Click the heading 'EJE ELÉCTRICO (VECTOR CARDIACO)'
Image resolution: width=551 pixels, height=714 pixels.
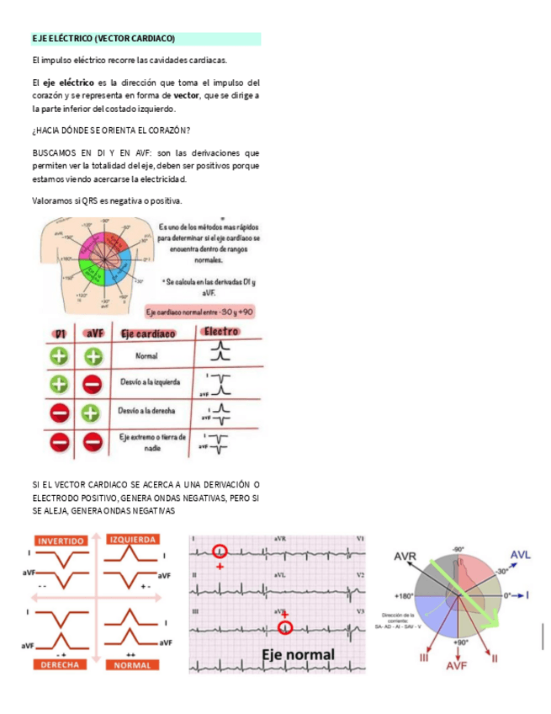(x=103, y=39)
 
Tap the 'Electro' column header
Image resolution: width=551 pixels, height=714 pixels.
(x=222, y=333)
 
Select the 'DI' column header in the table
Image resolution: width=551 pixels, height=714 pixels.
(x=59, y=334)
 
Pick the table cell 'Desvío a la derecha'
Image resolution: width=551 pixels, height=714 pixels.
(x=152, y=412)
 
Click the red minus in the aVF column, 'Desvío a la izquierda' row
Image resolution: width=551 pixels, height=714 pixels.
(x=93, y=384)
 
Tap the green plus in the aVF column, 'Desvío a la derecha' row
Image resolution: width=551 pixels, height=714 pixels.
(x=93, y=413)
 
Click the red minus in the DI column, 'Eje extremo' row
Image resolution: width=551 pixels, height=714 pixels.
(x=59, y=441)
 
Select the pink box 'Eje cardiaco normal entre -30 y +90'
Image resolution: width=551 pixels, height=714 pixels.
(x=200, y=312)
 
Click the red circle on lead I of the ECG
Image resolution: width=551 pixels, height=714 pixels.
(x=220, y=551)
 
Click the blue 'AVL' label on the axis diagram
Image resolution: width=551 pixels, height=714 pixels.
(x=520, y=555)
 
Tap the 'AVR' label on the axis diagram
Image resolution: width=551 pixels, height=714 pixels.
(x=405, y=557)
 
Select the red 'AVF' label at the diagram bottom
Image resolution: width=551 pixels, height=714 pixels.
(x=457, y=665)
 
